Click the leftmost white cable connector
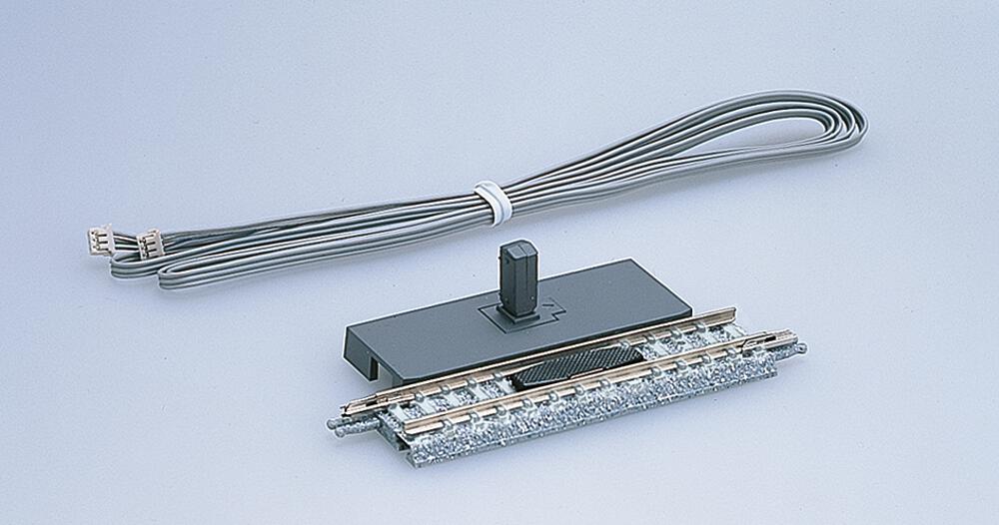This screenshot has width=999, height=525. pyautogui.click(x=99, y=241)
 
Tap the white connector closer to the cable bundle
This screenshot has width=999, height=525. pyautogui.click(x=150, y=243)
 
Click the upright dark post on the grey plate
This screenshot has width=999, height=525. pyautogui.click(x=517, y=279)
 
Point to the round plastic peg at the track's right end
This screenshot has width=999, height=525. pyautogui.click(x=798, y=348)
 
